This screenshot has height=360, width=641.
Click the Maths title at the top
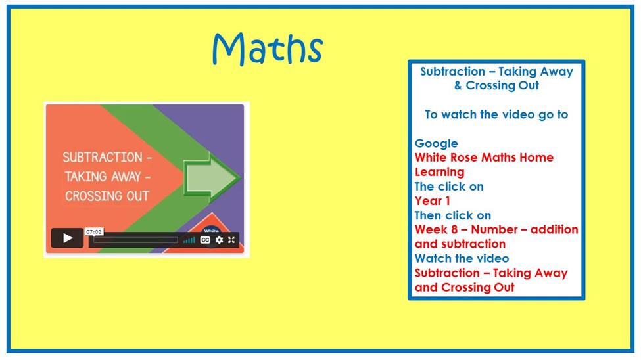click(268, 49)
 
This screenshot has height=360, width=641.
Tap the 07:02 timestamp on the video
click(94, 232)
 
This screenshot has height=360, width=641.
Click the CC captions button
click(205, 240)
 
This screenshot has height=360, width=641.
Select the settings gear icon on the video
click(220, 240)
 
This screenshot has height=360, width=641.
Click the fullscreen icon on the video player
click(231, 240)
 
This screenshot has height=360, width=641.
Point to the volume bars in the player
click(189, 240)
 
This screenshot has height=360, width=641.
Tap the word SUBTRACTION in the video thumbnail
click(102, 157)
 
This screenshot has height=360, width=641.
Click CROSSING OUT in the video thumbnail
click(107, 196)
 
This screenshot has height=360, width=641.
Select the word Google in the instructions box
click(436, 143)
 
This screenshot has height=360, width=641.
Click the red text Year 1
click(432, 201)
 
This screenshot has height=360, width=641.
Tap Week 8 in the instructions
click(436, 230)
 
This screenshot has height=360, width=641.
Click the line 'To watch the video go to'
click(496, 114)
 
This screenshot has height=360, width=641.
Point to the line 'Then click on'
click(452, 215)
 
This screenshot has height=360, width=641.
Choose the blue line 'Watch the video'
click(462, 258)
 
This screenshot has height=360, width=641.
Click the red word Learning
click(439, 172)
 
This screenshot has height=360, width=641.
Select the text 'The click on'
click(449, 187)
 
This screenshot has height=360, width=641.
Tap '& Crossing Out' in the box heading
click(496, 85)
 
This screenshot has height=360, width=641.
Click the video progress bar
click(135, 240)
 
